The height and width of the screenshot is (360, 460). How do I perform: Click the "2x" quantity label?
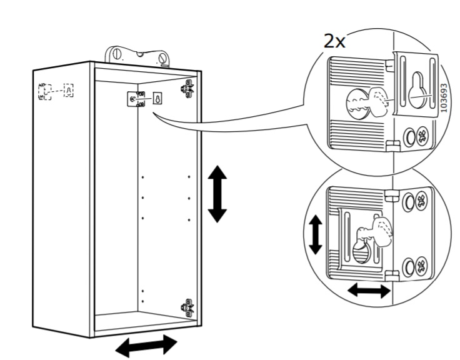(x=334, y=41)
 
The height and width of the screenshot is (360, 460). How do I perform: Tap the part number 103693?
(x=444, y=97)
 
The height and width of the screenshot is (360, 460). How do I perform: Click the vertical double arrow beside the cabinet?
(x=217, y=194)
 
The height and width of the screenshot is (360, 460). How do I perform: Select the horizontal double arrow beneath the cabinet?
(x=146, y=346)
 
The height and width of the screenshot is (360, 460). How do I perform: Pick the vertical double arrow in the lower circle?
(x=316, y=234)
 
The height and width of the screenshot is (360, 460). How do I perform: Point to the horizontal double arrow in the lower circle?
(x=369, y=291)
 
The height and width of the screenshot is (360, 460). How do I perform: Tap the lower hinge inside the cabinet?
(x=187, y=307)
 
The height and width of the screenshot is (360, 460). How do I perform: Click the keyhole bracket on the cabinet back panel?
(x=157, y=98)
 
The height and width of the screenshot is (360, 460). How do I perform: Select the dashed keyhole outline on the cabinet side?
(x=69, y=91)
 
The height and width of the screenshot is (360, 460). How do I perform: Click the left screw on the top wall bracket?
(x=117, y=54)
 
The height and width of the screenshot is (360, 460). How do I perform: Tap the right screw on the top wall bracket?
(x=162, y=58)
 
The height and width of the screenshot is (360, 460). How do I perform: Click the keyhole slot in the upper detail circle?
(x=417, y=89)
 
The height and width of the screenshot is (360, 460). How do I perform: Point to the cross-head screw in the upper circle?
(x=422, y=135)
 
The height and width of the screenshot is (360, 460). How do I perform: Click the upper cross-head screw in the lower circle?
(x=421, y=200)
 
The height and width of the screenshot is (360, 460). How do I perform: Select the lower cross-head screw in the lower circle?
(x=421, y=266)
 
